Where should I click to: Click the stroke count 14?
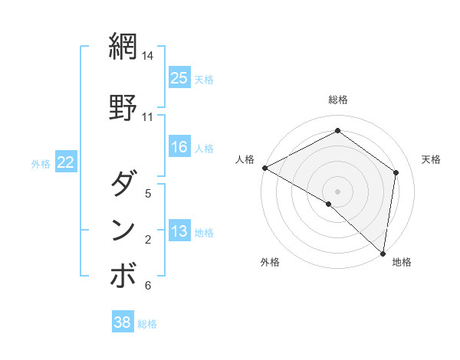(x=148, y=56)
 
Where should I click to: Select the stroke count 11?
(x=148, y=117)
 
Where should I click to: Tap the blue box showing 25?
(x=179, y=77)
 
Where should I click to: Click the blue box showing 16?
(x=179, y=147)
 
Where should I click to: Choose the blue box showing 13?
(x=179, y=231)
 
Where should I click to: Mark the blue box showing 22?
(x=66, y=162)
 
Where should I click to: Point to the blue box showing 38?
(x=122, y=322)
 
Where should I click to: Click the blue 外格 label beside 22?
(x=41, y=163)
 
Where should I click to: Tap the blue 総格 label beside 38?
(x=147, y=324)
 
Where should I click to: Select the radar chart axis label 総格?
(x=337, y=100)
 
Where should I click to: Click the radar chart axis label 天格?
(x=431, y=159)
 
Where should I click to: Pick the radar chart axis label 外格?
(x=270, y=262)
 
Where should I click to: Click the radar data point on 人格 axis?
(x=264, y=168)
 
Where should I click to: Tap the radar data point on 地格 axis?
(x=383, y=253)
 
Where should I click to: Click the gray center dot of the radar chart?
(x=337, y=191)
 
